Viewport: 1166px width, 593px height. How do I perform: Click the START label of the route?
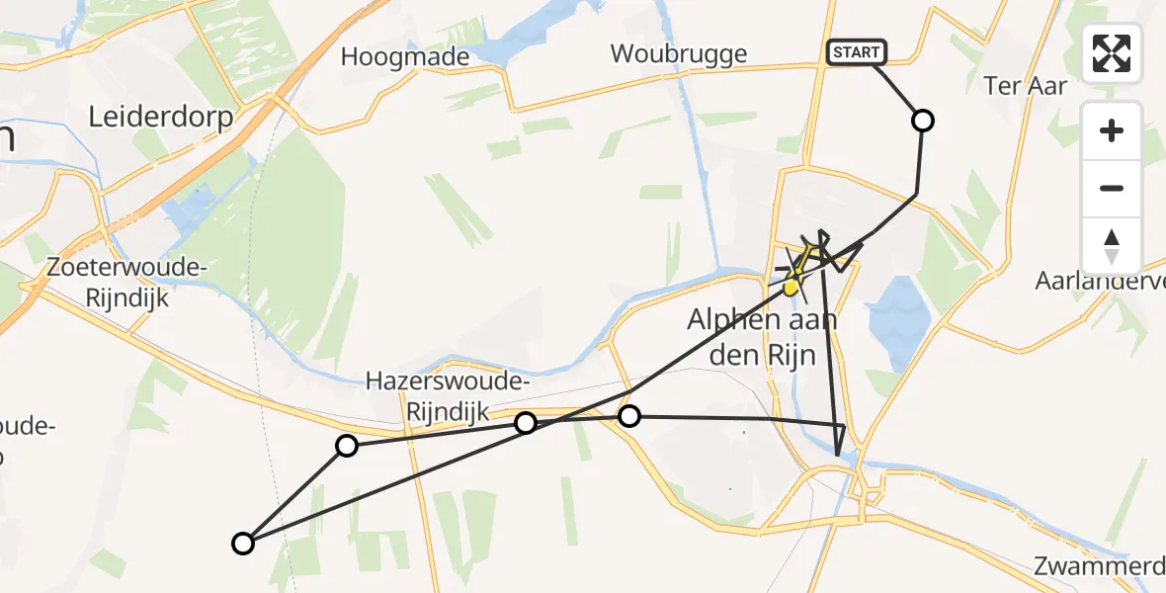[x=856, y=52]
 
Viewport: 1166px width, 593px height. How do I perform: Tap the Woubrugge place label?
[x=679, y=53]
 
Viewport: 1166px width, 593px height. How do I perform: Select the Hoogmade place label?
[x=405, y=56]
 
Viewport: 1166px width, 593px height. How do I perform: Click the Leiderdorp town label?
[x=161, y=118]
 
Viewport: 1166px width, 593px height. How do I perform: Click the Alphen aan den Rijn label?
[x=763, y=336]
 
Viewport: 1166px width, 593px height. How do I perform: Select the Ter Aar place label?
[x=1026, y=86]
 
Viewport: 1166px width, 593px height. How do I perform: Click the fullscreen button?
[x=1112, y=53]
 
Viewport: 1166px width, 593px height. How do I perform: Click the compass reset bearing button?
[x=1112, y=246]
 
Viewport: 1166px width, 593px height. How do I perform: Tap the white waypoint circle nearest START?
[x=922, y=121]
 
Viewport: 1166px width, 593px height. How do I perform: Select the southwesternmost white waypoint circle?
[x=242, y=543]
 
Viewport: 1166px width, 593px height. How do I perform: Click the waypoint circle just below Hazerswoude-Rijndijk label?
[x=526, y=423]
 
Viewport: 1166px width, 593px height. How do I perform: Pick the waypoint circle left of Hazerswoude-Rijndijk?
[x=347, y=446]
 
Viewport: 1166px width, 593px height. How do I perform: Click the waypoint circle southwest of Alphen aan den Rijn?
[x=628, y=416]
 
